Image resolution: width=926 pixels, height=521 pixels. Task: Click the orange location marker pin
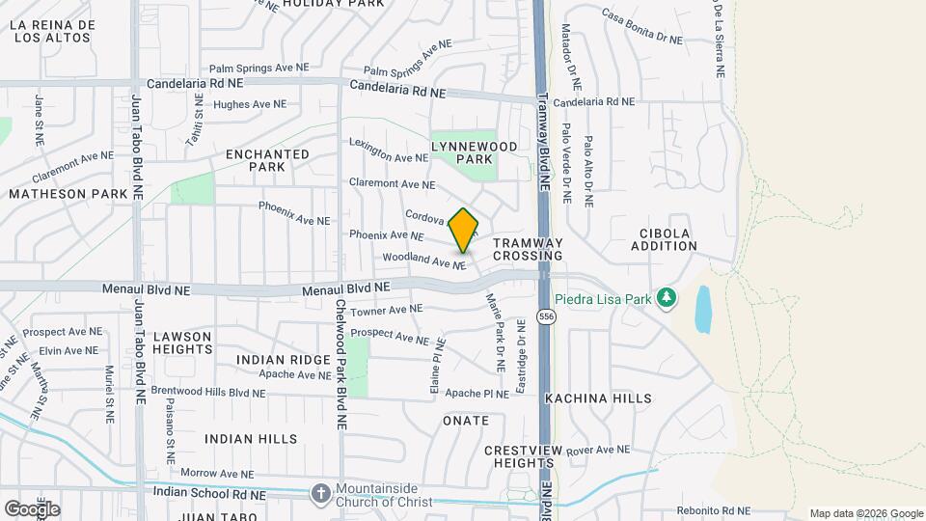464,231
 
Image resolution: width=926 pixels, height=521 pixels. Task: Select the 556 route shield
547,317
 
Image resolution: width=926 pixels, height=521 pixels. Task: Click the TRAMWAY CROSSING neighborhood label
527,250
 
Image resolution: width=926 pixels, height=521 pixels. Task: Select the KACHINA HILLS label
611,398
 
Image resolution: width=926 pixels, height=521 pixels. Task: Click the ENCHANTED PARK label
267,160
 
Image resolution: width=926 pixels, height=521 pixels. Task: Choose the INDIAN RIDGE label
284,360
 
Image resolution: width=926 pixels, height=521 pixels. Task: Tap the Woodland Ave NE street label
424,260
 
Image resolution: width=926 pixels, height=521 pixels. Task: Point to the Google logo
32,508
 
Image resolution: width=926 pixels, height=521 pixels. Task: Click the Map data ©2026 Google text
865,513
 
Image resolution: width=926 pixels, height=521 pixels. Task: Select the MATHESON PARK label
68,194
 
